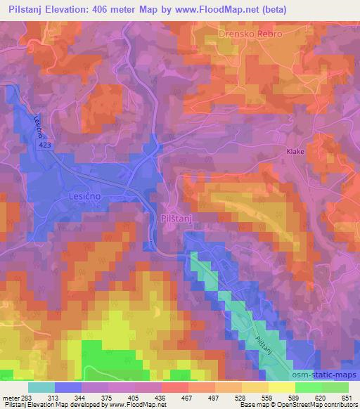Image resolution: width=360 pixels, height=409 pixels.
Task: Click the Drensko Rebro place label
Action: click(x=250, y=34)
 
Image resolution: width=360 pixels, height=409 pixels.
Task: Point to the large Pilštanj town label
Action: click(x=180, y=219)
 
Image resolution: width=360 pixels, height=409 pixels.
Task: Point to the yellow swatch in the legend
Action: click(x=281, y=388)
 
